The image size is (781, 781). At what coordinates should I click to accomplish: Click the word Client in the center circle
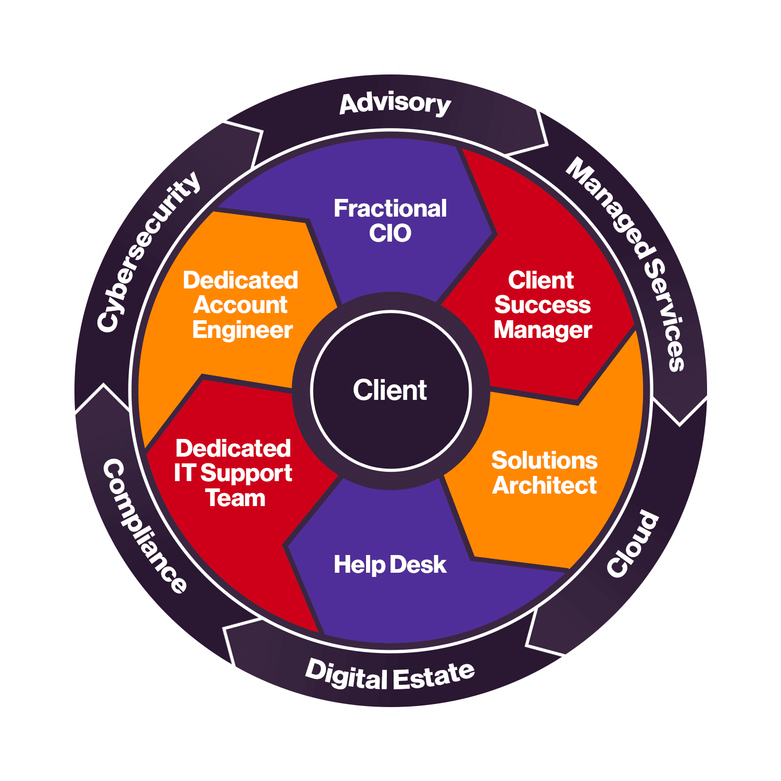(x=390, y=390)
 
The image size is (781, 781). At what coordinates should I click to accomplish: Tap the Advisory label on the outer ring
(x=395, y=104)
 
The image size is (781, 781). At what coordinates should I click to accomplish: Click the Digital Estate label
(x=389, y=675)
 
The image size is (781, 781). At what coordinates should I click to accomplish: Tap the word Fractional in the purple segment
(x=390, y=208)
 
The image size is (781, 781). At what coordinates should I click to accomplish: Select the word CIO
(x=390, y=233)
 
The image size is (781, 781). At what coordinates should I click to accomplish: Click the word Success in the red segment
(x=542, y=305)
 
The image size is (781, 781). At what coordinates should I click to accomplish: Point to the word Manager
(x=543, y=330)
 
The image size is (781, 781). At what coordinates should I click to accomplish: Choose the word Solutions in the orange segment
(x=544, y=460)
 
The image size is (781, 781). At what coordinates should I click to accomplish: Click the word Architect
(x=544, y=485)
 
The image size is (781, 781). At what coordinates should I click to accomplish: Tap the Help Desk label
(x=390, y=565)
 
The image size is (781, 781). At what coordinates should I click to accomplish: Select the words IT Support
(x=233, y=474)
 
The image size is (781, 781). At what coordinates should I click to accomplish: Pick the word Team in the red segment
(x=235, y=498)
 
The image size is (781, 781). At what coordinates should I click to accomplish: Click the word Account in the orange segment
(x=240, y=305)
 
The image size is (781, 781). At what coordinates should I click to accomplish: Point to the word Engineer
(x=242, y=331)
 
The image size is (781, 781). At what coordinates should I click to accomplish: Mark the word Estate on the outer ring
(x=433, y=676)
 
